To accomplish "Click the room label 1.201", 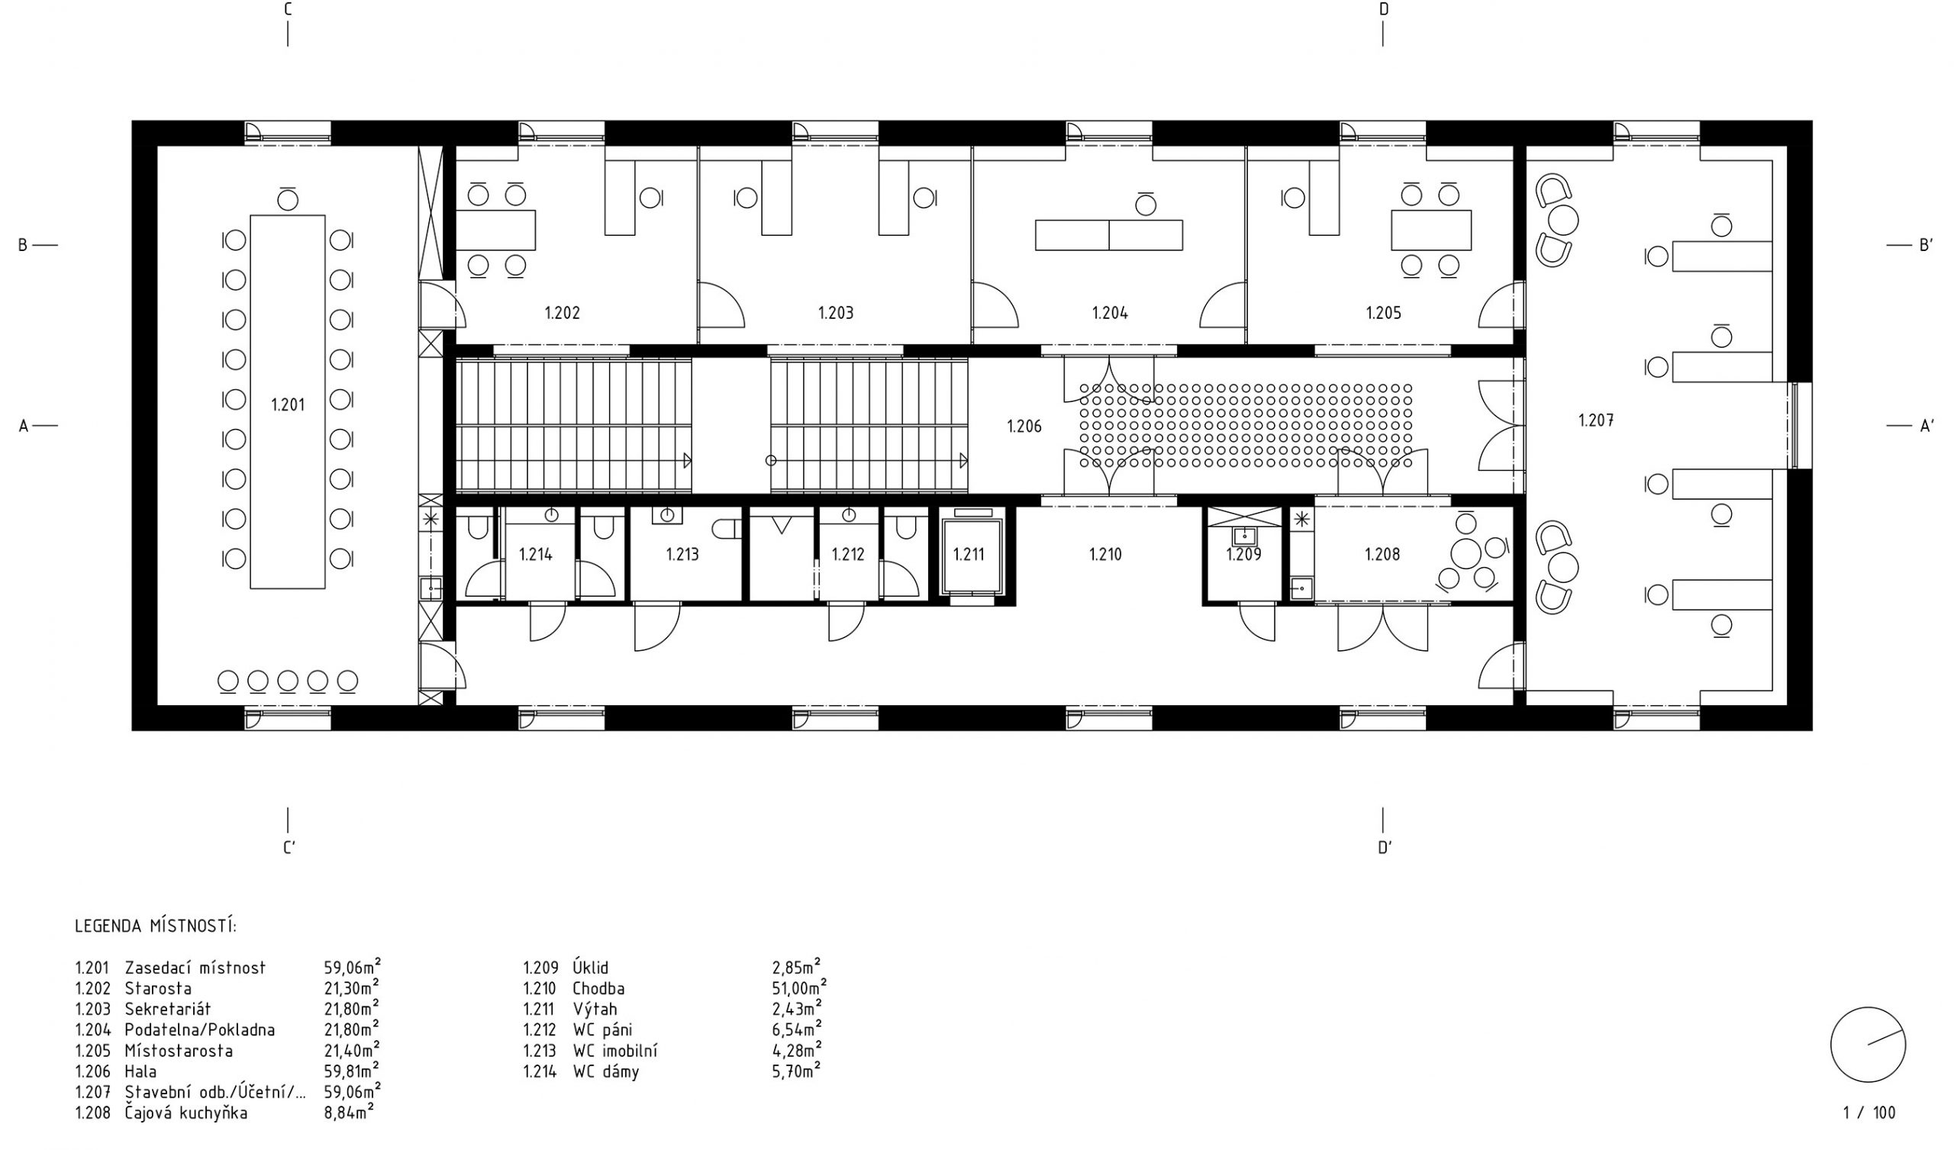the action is (x=288, y=404).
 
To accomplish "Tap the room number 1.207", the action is (x=1596, y=420).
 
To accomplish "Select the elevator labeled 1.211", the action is (x=970, y=554).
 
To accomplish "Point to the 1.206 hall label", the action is (x=1024, y=426).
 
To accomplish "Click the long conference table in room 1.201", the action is (x=288, y=401).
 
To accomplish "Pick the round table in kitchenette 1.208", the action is (x=1465, y=554).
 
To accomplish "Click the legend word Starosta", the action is (x=158, y=989).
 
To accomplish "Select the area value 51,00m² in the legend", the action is (x=799, y=987).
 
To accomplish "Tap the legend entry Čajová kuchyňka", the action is (x=186, y=1113).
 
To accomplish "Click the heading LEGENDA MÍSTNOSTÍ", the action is (x=156, y=926).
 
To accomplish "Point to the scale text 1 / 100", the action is (x=1869, y=1113).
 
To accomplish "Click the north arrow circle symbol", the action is (x=1868, y=1045).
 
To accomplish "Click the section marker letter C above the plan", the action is (x=288, y=9).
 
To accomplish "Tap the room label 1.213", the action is (x=682, y=554).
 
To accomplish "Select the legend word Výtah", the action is (x=595, y=1009).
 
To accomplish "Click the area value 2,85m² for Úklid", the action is (x=797, y=966).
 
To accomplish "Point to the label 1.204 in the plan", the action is (x=1110, y=314).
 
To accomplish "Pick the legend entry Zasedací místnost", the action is (x=195, y=968).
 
